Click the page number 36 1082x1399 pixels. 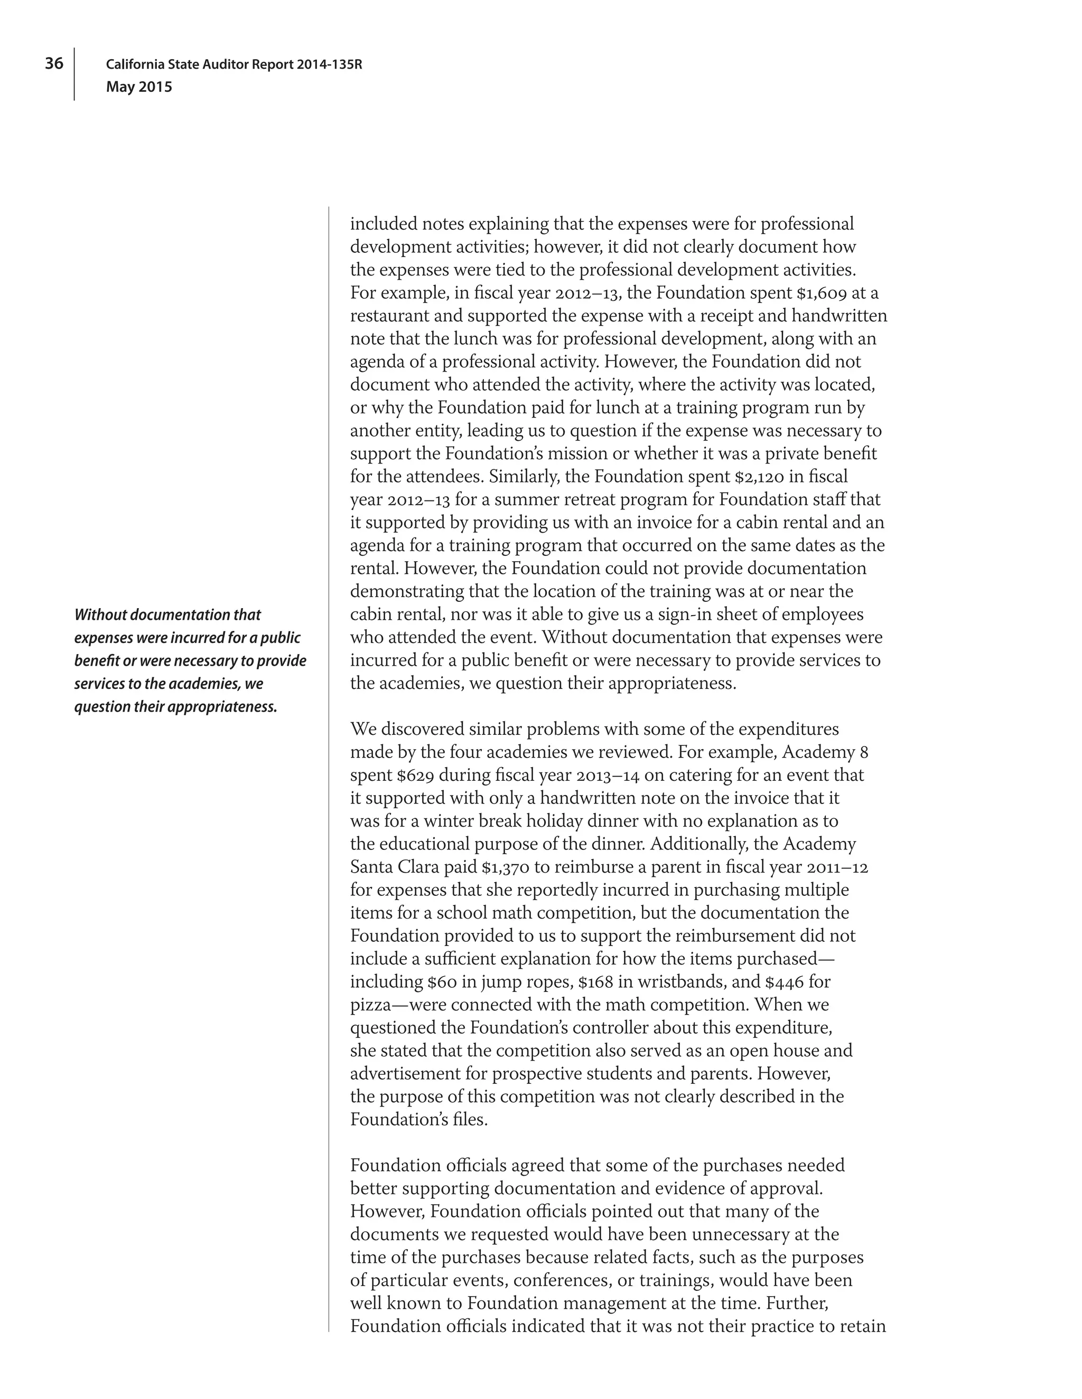tap(54, 63)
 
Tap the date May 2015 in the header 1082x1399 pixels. tap(139, 87)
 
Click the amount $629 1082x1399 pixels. tap(372, 776)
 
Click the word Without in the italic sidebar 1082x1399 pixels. tap(100, 615)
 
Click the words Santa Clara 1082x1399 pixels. tap(394, 867)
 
